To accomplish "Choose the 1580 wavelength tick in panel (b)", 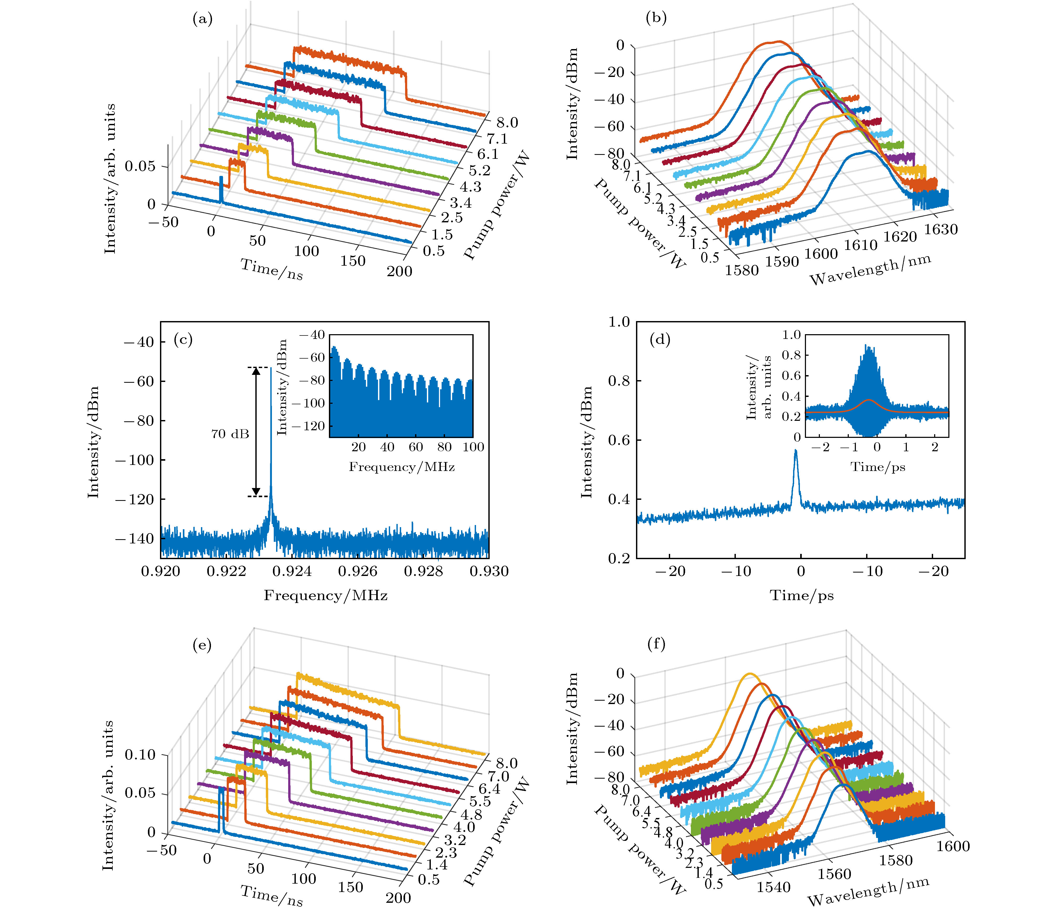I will (741, 269).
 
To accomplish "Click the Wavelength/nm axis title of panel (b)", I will (870, 270).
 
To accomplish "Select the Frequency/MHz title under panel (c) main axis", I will (325, 595).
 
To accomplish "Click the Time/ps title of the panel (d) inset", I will (878, 467).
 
